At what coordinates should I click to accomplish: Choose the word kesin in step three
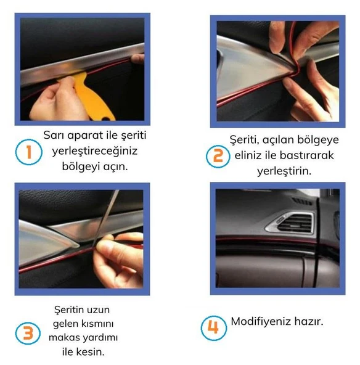tap(91, 352)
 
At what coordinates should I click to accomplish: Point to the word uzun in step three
tap(99, 309)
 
